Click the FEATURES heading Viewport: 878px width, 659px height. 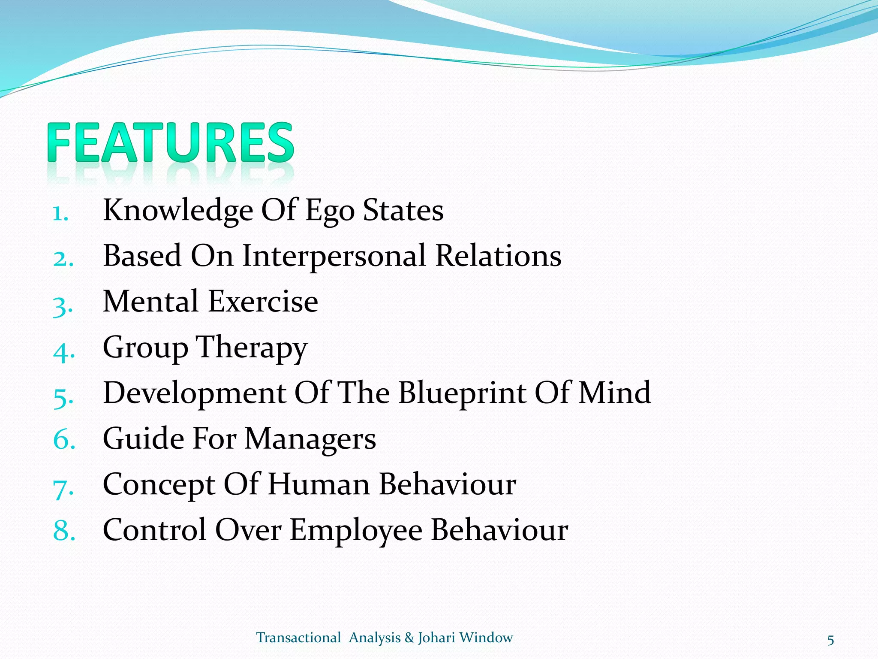171,142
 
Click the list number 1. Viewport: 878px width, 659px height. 60,213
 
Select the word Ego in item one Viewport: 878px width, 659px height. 329,211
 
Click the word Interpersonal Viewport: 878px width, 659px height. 334,256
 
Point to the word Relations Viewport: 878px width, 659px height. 498,256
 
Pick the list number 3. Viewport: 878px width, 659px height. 63,306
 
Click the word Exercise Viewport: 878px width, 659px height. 263,302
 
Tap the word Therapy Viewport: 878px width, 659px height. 252,348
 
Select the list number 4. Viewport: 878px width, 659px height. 63,352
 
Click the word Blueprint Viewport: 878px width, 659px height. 462,393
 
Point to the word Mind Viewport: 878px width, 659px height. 614,393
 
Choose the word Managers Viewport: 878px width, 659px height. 310,439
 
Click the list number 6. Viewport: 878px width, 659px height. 64,440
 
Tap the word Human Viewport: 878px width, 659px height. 319,484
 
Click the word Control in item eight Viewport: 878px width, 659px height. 154,530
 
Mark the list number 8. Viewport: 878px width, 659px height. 64,531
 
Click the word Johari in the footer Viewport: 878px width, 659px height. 436,638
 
